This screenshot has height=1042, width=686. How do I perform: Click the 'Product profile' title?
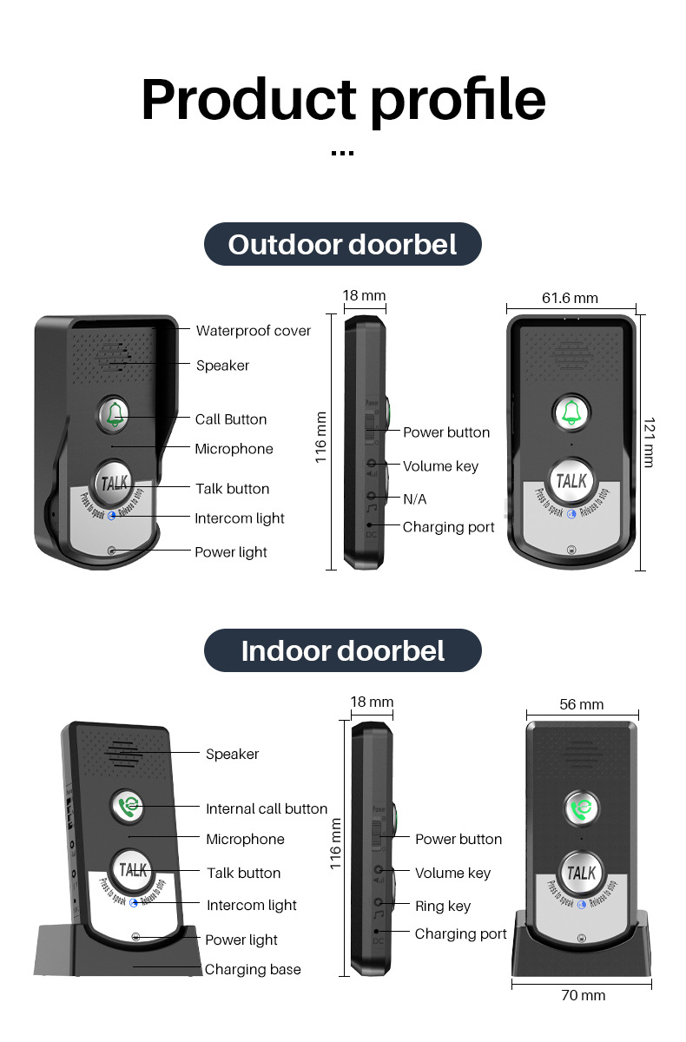point(343,100)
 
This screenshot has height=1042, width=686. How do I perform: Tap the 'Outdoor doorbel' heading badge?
point(342,244)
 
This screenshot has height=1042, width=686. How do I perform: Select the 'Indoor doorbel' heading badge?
point(342,650)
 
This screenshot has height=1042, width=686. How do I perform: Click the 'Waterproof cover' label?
point(253,330)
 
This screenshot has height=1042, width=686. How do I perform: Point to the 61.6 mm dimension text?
point(570,298)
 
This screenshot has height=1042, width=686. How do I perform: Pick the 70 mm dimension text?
point(583,995)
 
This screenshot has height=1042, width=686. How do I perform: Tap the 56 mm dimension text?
point(581,704)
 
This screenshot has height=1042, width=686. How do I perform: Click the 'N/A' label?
point(414,499)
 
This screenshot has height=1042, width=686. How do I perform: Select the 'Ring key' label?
point(442,906)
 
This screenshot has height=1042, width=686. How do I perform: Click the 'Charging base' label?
point(253,969)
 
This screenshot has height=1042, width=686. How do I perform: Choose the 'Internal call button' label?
point(266,808)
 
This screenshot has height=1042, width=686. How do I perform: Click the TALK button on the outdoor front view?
point(571,480)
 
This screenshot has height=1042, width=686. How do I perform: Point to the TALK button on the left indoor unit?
point(133,869)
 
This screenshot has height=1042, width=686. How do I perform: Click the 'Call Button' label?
point(230,419)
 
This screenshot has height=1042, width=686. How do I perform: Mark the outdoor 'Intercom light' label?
point(240,518)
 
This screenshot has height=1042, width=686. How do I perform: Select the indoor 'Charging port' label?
point(460,933)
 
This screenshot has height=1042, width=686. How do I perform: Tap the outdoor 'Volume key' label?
point(440,466)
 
